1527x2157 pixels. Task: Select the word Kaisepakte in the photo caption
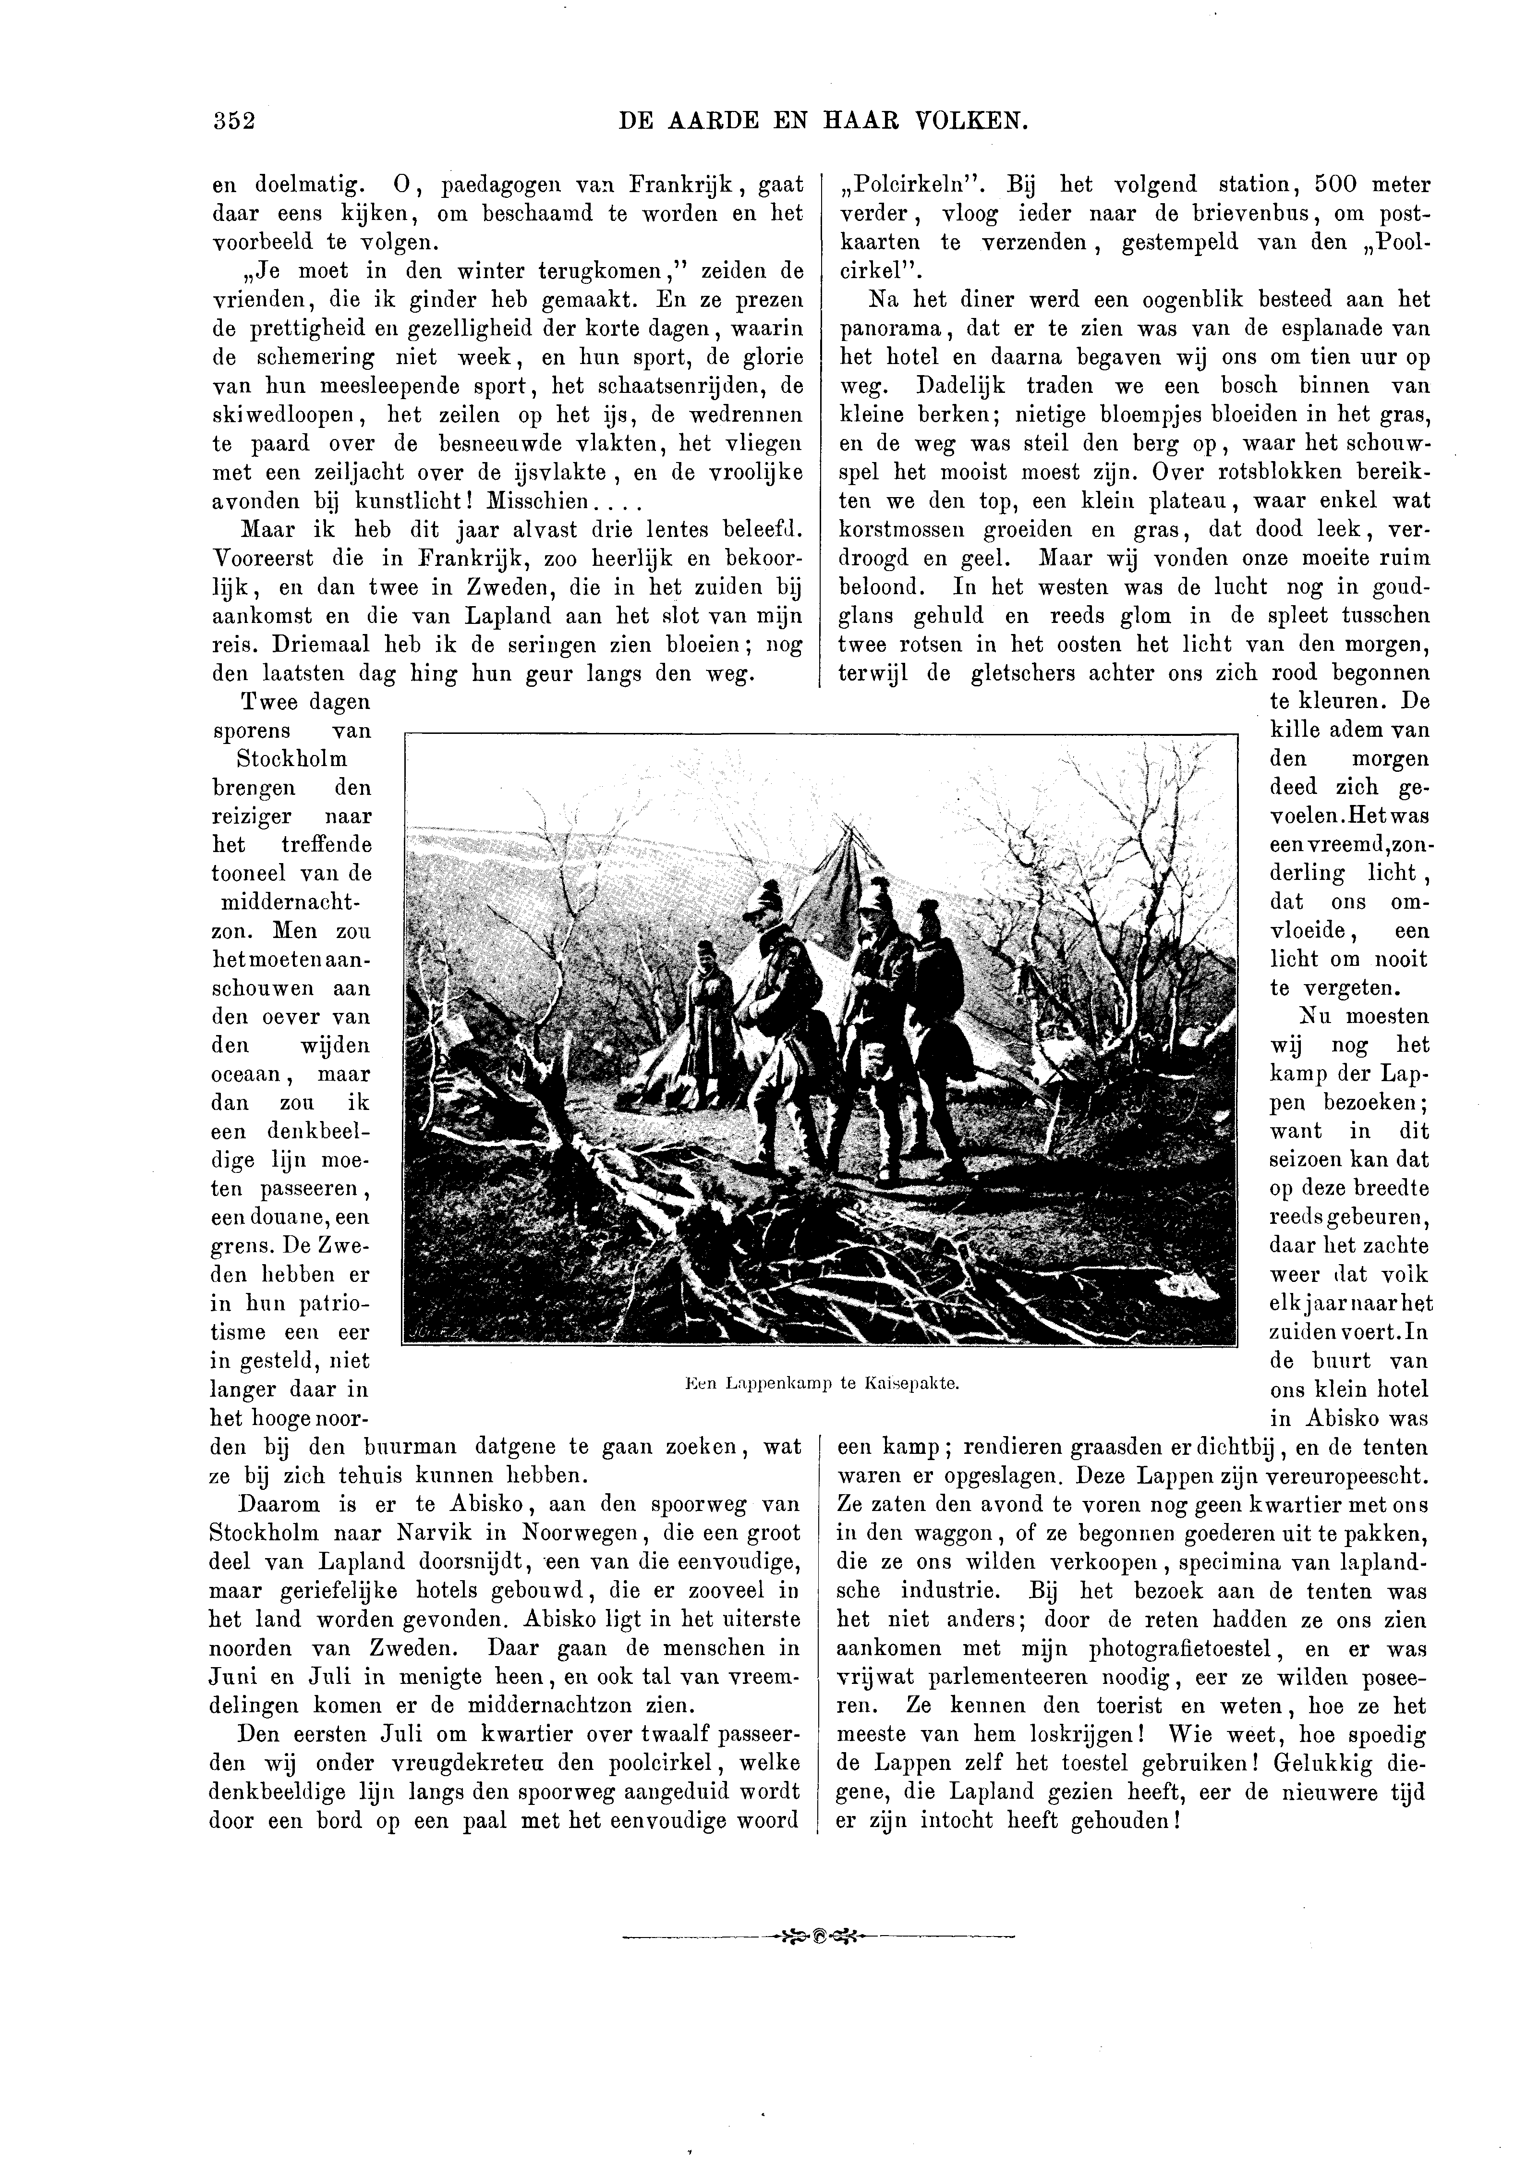[910, 1383]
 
